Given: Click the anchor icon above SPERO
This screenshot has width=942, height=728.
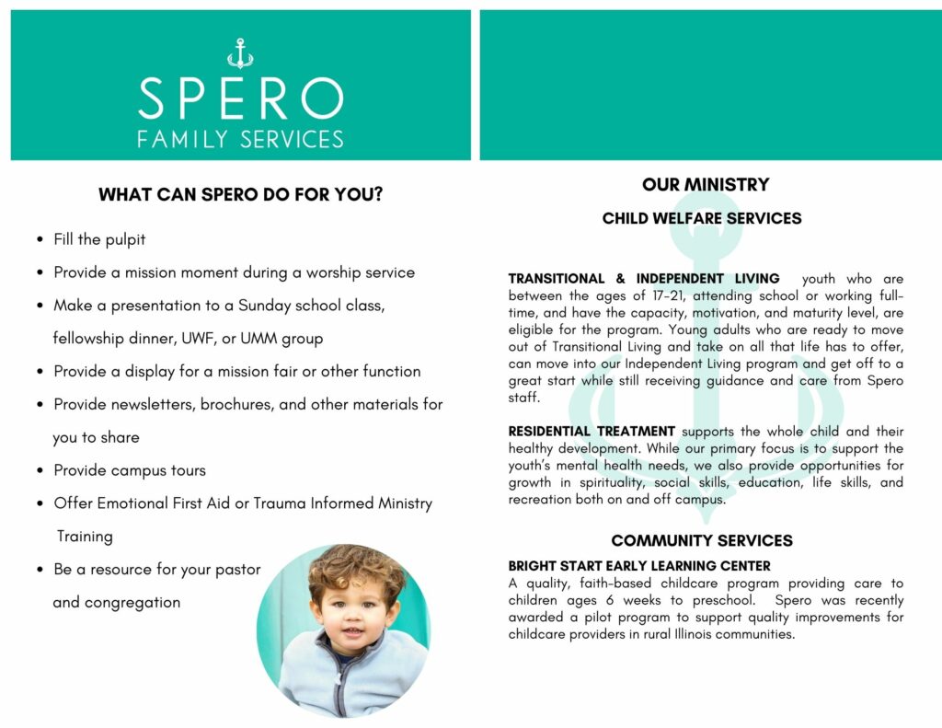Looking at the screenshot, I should click(x=240, y=54).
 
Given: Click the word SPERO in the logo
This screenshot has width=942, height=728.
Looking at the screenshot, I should click(x=240, y=98).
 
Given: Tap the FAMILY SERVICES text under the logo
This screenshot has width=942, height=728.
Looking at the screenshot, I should click(x=240, y=140).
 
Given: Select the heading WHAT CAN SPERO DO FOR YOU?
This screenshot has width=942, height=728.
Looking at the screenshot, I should click(x=240, y=195).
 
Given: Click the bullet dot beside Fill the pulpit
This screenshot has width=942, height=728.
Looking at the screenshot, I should click(x=40, y=240).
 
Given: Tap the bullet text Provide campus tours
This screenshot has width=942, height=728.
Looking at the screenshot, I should click(x=130, y=470).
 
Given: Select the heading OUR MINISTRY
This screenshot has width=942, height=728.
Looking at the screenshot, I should click(x=706, y=185).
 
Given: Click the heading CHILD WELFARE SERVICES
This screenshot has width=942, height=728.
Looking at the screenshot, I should click(x=702, y=219).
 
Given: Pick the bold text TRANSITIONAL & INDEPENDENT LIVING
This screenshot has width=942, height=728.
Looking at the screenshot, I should click(x=644, y=279).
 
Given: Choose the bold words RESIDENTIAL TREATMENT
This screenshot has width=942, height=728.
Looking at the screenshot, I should click(x=592, y=432).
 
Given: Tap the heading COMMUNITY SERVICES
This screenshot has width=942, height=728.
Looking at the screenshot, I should click(x=702, y=540).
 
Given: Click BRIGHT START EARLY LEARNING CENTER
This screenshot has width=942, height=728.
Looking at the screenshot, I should click(x=639, y=566).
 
